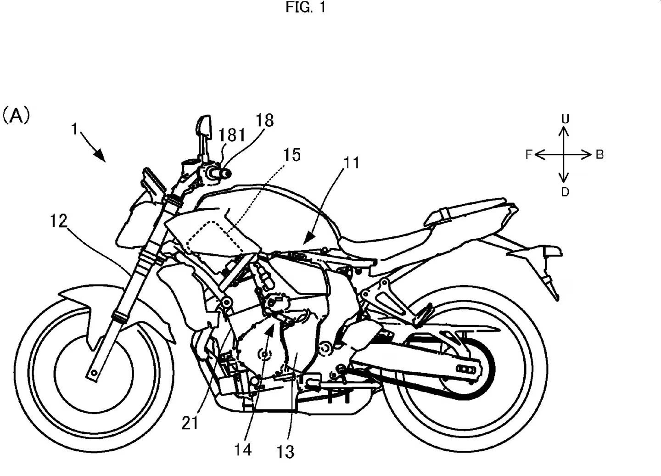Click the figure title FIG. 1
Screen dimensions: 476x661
(x=305, y=8)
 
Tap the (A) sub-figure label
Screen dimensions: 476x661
(x=17, y=115)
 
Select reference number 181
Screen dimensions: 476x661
(x=232, y=135)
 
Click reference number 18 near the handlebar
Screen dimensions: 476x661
(x=265, y=120)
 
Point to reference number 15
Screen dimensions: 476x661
(x=291, y=155)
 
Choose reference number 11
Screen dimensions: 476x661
(x=352, y=162)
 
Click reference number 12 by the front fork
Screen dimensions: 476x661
(x=58, y=222)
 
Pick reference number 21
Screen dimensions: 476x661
(x=190, y=423)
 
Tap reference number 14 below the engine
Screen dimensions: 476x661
(x=243, y=449)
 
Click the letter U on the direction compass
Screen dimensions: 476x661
(x=565, y=119)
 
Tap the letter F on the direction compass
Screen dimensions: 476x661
(x=529, y=155)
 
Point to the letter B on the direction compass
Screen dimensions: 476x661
(x=599, y=155)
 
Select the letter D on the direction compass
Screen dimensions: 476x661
(x=565, y=192)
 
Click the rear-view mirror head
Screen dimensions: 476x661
(x=203, y=126)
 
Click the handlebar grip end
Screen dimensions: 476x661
(x=226, y=173)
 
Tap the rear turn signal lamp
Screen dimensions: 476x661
(x=554, y=252)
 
